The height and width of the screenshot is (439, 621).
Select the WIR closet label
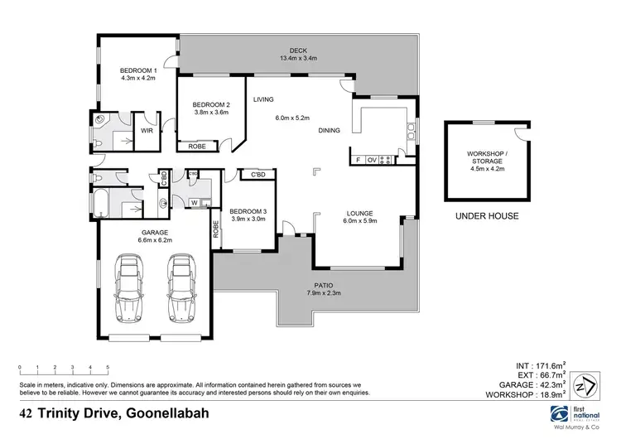pyautogui.click(x=147, y=131)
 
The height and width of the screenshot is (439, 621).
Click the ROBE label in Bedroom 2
pyautogui.click(x=197, y=147)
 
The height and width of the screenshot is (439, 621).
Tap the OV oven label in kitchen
pyautogui.click(x=372, y=159)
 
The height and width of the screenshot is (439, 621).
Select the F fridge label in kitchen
pyautogui.click(x=357, y=159)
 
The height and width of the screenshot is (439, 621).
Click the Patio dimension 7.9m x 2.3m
pyautogui.click(x=324, y=293)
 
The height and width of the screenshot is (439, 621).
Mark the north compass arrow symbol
pyautogui.click(x=585, y=388)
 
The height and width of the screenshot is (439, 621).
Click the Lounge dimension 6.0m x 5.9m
pyautogui.click(x=361, y=221)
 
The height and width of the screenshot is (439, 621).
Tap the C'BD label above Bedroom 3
pyautogui.click(x=252, y=175)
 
